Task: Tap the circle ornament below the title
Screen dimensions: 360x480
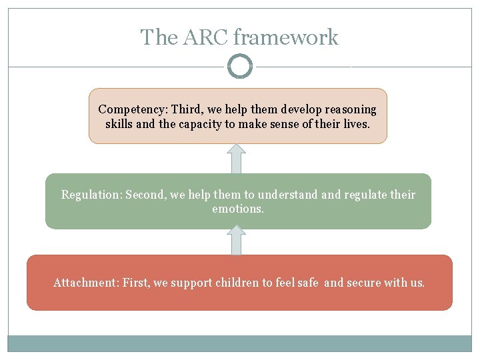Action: (240, 67)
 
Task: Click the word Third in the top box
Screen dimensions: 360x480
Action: (187, 109)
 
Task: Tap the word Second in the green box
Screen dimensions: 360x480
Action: (144, 195)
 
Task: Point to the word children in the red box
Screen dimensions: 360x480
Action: (239, 283)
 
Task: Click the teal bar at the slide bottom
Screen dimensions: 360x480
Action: (240, 343)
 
